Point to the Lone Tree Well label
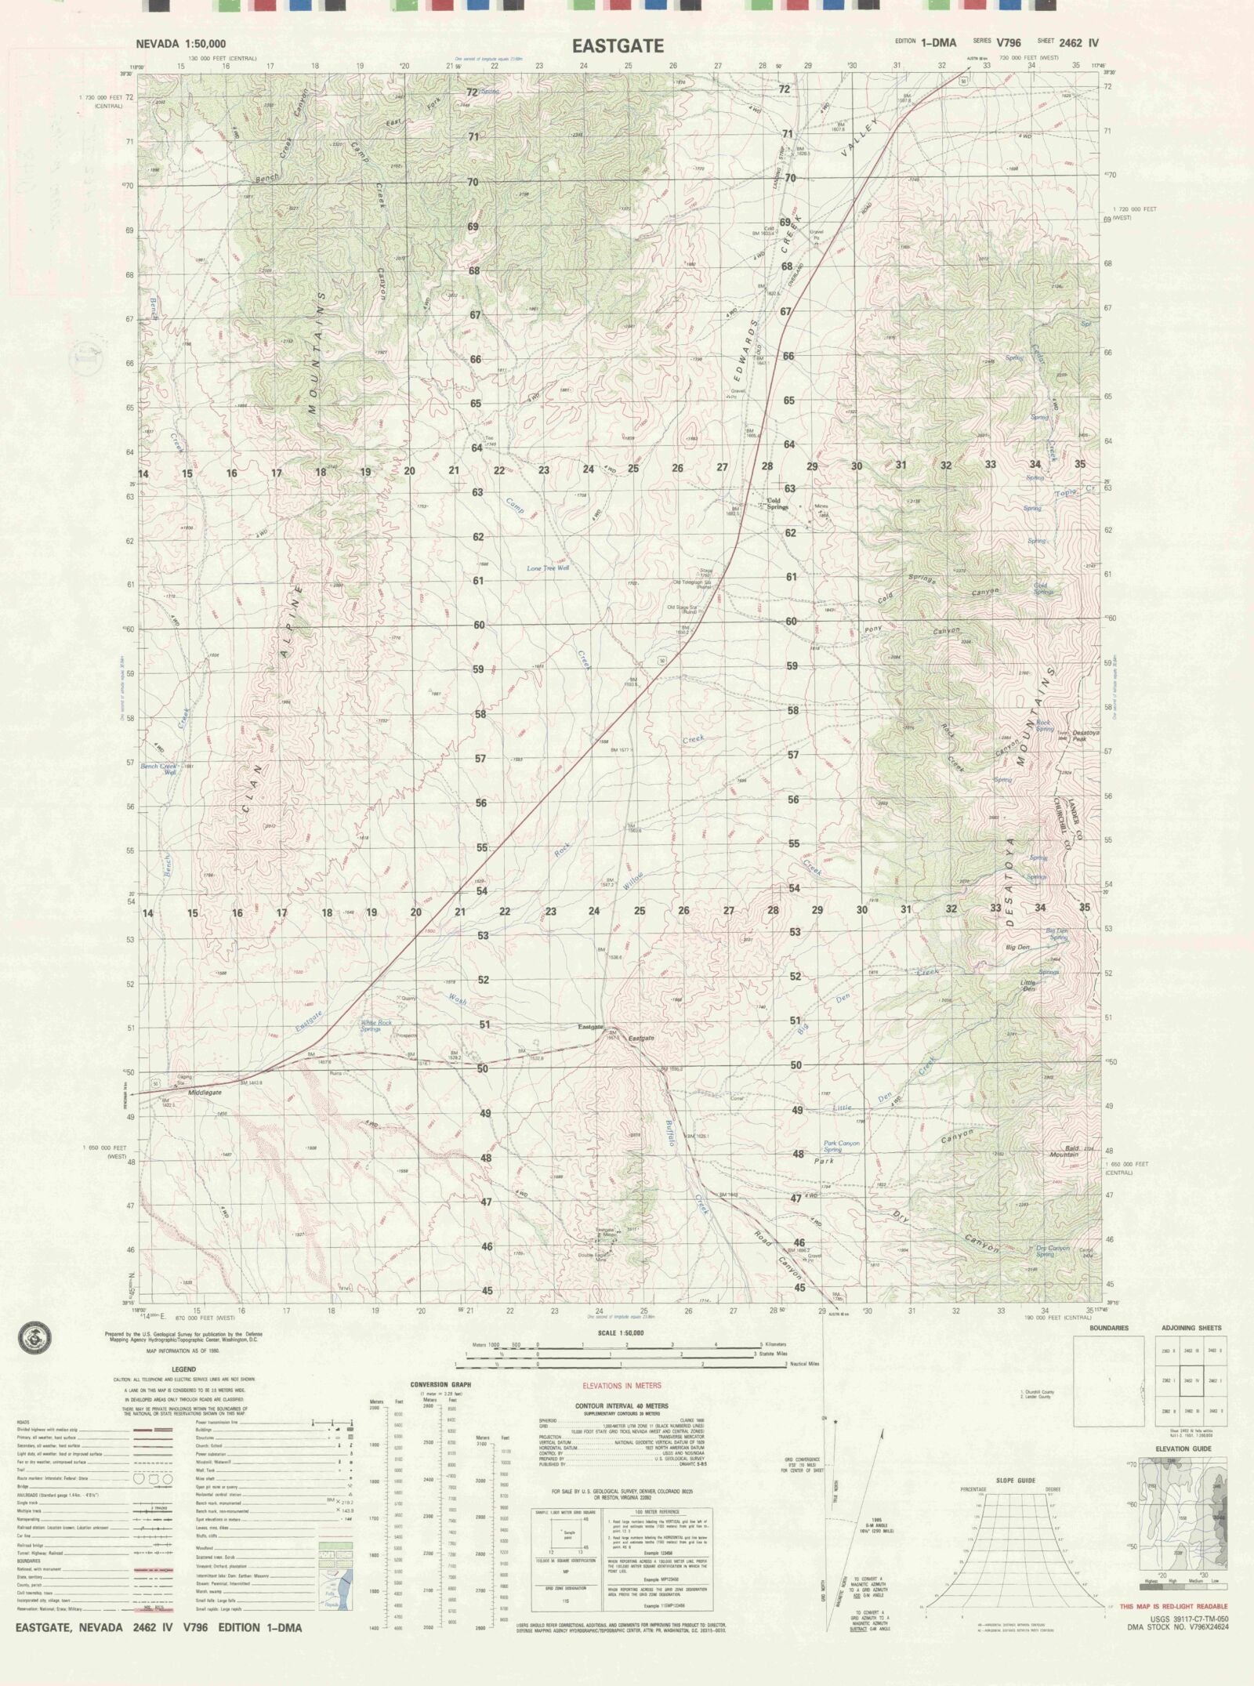point(547,567)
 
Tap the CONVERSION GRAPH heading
point(440,1385)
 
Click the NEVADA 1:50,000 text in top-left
point(181,44)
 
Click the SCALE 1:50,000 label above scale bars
point(621,1332)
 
